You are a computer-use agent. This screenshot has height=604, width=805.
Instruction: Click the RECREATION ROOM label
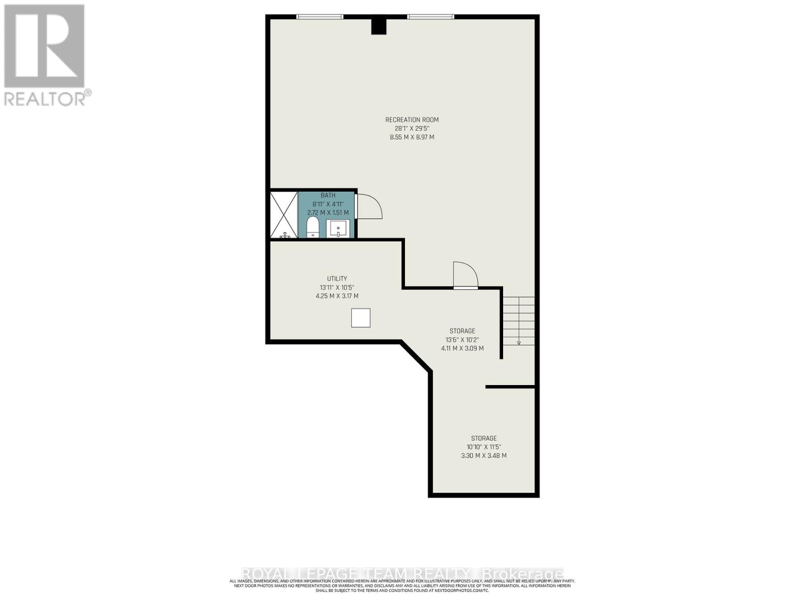click(x=412, y=120)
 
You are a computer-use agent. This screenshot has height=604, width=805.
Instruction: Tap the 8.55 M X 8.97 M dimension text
click(x=412, y=137)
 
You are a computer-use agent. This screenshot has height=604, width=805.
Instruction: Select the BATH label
click(x=328, y=195)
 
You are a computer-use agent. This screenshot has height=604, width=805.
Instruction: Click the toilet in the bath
click(x=312, y=228)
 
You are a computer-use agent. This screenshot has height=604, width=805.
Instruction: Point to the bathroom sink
click(x=338, y=229)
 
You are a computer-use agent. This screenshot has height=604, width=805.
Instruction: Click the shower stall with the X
click(x=284, y=214)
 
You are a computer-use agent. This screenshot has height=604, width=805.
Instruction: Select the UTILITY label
click(x=337, y=279)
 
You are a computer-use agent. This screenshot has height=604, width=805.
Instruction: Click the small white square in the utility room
click(x=360, y=318)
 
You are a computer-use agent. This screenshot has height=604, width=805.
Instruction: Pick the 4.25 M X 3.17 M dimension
click(x=337, y=296)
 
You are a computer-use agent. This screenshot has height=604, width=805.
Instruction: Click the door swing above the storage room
click(x=466, y=274)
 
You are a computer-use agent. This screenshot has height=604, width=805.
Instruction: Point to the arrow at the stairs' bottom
click(x=519, y=342)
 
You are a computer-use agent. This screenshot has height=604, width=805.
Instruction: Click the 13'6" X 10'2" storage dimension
click(x=462, y=340)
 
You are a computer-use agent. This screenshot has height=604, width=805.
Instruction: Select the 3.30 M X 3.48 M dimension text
click(x=484, y=456)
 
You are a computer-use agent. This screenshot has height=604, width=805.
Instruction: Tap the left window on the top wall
click(x=319, y=17)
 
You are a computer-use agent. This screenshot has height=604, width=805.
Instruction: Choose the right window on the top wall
click(x=431, y=17)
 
